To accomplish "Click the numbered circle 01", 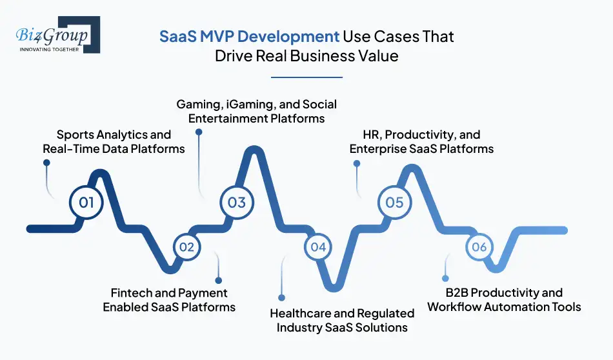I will (86, 202).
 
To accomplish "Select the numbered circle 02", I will (187, 246).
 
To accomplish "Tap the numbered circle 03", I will (237, 202).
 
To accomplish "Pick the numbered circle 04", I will (318, 246).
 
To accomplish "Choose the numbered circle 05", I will (394, 202).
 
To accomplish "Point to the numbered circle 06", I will (478, 246).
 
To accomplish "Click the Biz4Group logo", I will (55, 34).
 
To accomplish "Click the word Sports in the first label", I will (75, 134).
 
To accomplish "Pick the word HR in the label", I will (357, 135).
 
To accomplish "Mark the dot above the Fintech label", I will (218, 280).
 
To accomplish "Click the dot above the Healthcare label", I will (281, 297).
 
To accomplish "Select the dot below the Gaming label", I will (199, 132).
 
